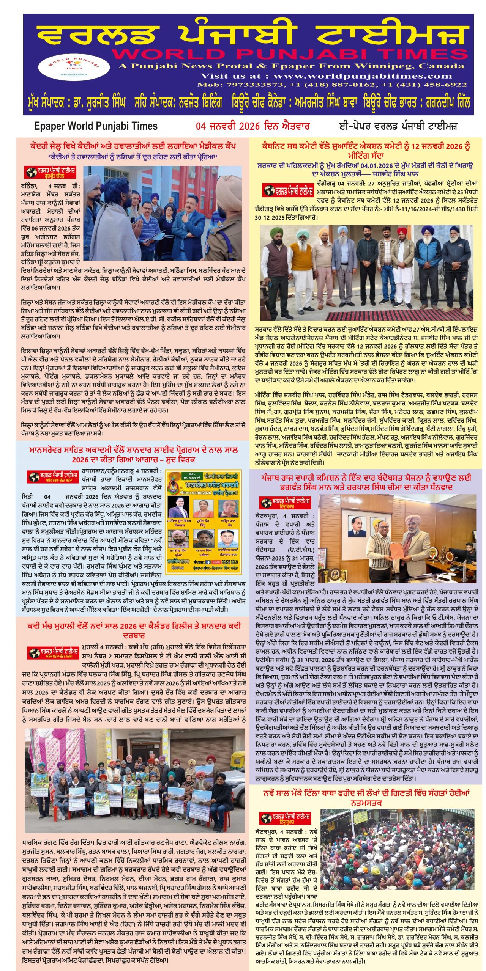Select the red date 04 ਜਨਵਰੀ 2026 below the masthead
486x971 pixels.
(252, 126)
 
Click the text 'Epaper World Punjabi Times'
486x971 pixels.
(96, 126)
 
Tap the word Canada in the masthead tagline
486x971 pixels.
(441, 66)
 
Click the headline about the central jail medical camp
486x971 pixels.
(133, 146)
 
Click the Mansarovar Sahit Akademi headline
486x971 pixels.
(133, 454)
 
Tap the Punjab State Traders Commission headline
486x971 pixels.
(366, 482)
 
